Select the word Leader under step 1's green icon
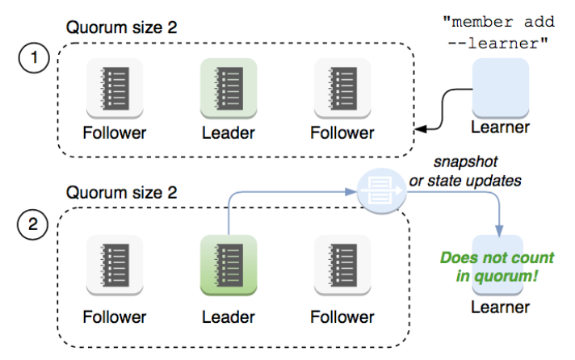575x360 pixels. [229, 132]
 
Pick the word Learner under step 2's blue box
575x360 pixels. [501, 307]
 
